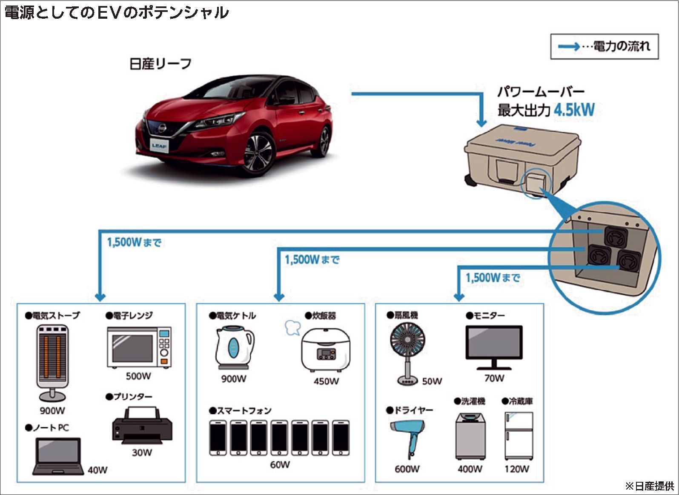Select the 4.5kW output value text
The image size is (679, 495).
pos(574,110)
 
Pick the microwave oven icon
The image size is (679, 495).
pos(139,347)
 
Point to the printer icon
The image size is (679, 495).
pos(142,424)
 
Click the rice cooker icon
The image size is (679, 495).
pos(325,350)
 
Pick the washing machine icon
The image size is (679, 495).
pos(470,436)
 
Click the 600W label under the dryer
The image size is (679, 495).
pos(407,469)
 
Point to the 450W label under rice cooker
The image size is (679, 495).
pos(326,381)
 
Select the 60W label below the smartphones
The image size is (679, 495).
pos(280,464)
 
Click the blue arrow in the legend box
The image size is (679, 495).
pos(569,46)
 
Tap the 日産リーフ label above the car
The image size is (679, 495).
pos(160,64)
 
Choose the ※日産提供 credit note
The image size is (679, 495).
pos(649,486)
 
